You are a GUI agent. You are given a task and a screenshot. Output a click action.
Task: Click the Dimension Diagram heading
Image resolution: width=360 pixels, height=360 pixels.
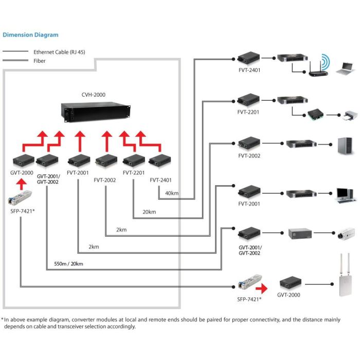pyautogui.click(x=30, y=35)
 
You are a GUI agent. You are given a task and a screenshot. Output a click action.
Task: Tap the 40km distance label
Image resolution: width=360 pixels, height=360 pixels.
pyautogui.click(x=171, y=193)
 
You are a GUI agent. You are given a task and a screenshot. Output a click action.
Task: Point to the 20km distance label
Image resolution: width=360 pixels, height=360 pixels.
pyautogui.click(x=149, y=211)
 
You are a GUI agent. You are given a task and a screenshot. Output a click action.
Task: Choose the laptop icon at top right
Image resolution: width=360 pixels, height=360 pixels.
pyautogui.click(x=344, y=68)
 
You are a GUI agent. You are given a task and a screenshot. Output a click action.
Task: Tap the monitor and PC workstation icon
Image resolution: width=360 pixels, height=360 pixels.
pyautogui.click(x=343, y=193)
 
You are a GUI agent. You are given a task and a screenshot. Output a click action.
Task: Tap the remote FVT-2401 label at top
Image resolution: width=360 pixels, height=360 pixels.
pyautogui.click(x=249, y=70)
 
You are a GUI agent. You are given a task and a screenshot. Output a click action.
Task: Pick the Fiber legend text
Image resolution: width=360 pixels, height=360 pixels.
pyautogui.click(x=40, y=61)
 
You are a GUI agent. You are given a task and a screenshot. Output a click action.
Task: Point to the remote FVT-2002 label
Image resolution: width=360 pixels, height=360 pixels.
pyautogui.click(x=249, y=156)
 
